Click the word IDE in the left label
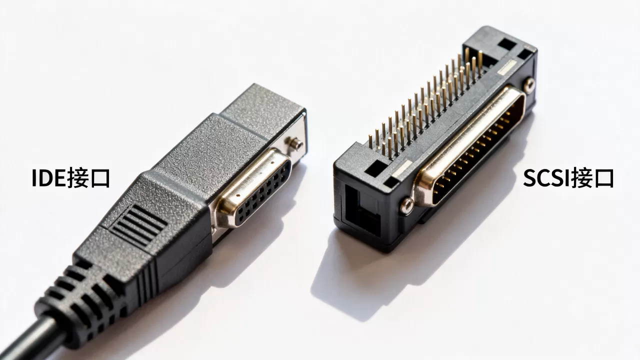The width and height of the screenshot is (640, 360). (49, 178)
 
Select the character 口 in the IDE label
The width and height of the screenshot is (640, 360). (99, 179)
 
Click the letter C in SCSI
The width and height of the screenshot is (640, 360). (543, 178)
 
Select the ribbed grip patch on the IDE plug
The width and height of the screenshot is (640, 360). (139, 225)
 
